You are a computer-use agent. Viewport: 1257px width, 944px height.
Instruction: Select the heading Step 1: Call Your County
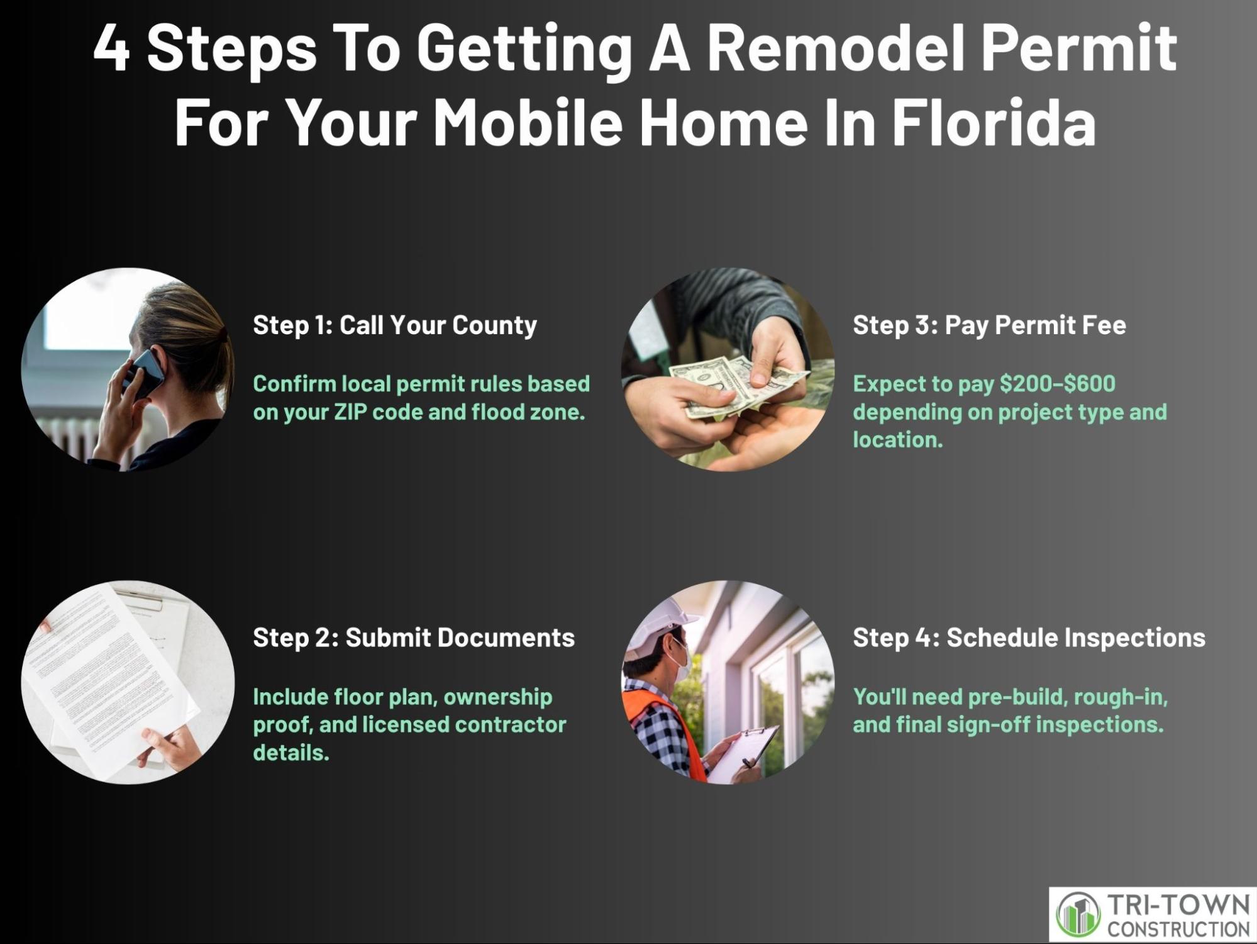395,325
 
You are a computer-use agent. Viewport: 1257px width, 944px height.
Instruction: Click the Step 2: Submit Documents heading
414,638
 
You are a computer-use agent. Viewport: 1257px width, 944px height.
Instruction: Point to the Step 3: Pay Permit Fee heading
989,325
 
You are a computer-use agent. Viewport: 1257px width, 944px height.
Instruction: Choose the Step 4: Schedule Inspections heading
1029,638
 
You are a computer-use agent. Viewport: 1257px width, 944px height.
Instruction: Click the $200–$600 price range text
1057,383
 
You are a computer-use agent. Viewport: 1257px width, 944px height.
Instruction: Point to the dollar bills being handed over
736,384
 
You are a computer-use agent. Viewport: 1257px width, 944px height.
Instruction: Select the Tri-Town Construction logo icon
1078,914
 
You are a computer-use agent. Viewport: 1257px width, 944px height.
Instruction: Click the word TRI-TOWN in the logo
1178,906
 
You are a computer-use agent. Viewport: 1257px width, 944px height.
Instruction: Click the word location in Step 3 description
898,439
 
